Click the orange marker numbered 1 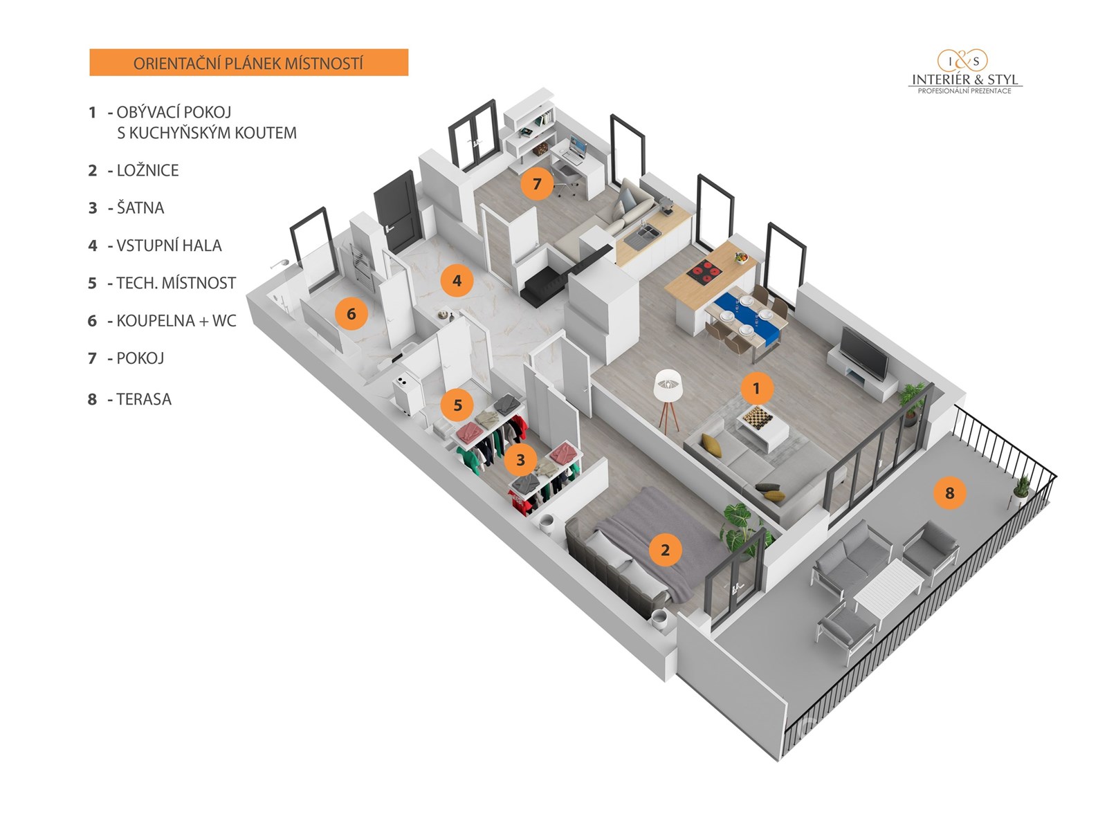tap(756, 389)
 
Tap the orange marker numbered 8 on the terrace tap(949, 493)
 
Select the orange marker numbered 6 tap(351, 314)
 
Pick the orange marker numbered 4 tap(457, 281)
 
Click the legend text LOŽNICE tap(147, 171)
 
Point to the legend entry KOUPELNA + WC tap(176, 321)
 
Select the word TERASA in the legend tap(144, 400)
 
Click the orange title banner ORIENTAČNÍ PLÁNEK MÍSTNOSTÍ tap(248, 63)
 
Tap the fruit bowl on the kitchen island tap(742, 258)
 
